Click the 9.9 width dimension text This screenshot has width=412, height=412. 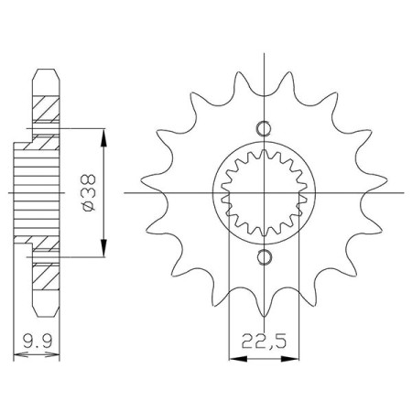click(x=38, y=341)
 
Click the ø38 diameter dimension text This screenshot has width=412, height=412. click(x=89, y=192)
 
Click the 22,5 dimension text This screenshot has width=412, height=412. click(x=265, y=341)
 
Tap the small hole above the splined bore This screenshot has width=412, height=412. click(x=264, y=128)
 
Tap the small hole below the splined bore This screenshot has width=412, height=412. click(x=264, y=257)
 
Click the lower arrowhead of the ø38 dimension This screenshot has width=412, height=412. click(x=104, y=247)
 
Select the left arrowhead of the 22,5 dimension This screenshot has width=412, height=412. click(x=238, y=359)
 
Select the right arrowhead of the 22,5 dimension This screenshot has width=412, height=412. click(x=289, y=359)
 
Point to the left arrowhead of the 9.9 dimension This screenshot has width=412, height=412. click(x=21, y=355)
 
